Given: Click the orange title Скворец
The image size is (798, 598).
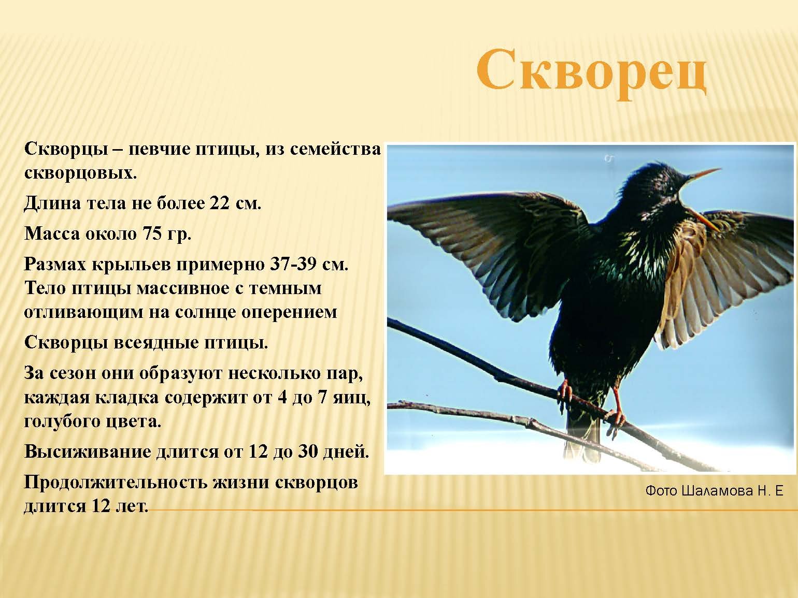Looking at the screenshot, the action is pos(591,75).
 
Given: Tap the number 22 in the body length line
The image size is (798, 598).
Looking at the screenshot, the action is pos(219,203).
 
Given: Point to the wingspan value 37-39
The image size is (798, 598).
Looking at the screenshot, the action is pos(292,265).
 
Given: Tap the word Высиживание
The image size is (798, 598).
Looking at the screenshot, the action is pos(87,452).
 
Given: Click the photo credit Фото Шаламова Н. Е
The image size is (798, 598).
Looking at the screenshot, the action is pos(714,491).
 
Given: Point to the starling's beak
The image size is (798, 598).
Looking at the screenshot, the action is pos(703,174).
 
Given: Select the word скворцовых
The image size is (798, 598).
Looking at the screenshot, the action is pos(80,173).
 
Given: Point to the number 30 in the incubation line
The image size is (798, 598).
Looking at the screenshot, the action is pos(308,452).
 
